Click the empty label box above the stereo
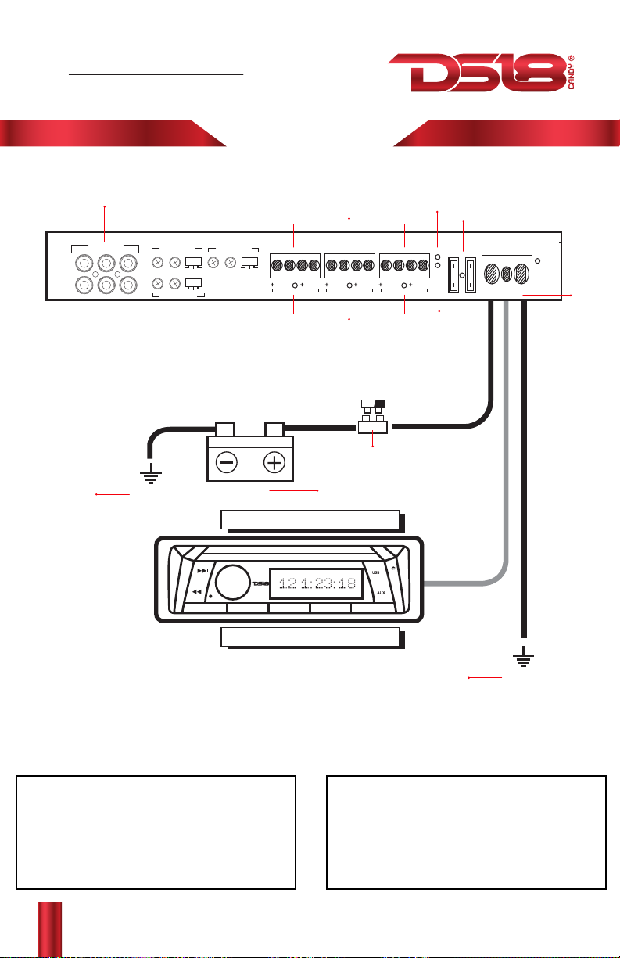click(310, 519)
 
